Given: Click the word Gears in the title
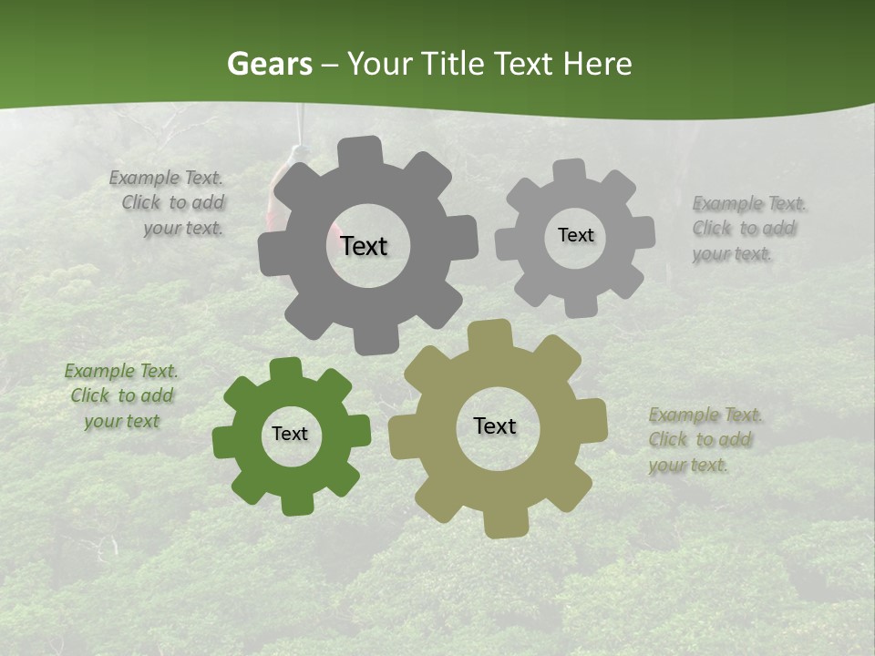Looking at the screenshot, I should [x=269, y=64].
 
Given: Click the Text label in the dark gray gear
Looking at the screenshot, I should [x=364, y=246].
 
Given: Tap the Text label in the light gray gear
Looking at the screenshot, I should [x=575, y=235].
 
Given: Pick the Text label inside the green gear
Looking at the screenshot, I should [x=290, y=434].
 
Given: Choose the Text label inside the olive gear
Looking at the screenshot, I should [x=495, y=425].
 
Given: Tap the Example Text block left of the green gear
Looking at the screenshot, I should [x=121, y=396].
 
